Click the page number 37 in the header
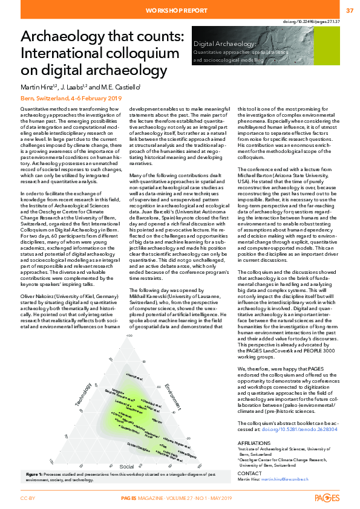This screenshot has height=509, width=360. point(350,11)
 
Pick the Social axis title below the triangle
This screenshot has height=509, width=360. point(126,466)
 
